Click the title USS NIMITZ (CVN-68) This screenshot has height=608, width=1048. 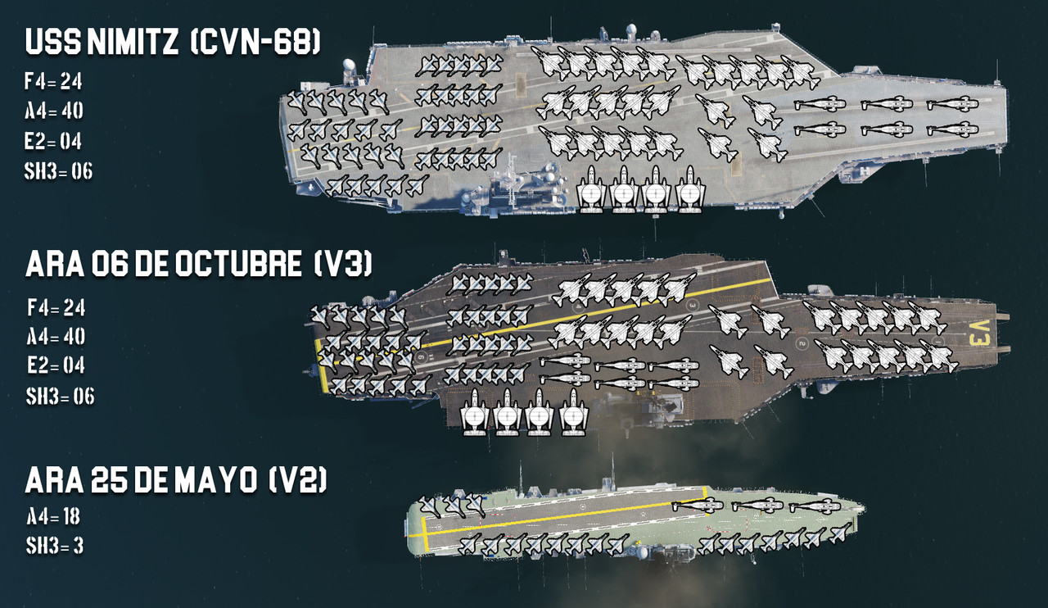[172, 43]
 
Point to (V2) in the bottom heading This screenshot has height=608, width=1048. [298, 481]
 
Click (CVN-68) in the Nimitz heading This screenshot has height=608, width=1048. [255, 43]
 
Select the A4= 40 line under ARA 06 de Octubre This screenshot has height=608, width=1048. [56, 337]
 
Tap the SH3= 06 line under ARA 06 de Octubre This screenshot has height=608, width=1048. [60, 397]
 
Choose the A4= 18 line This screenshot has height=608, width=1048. [52, 516]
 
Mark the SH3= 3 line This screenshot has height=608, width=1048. [55, 546]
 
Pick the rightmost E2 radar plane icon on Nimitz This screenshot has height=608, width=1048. [690, 189]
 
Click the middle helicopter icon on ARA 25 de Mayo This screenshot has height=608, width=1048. [757, 506]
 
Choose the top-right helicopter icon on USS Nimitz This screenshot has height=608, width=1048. [952, 104]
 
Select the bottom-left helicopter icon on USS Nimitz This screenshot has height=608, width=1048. [819, 129]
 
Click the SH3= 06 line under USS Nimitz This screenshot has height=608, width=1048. [59, 171]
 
